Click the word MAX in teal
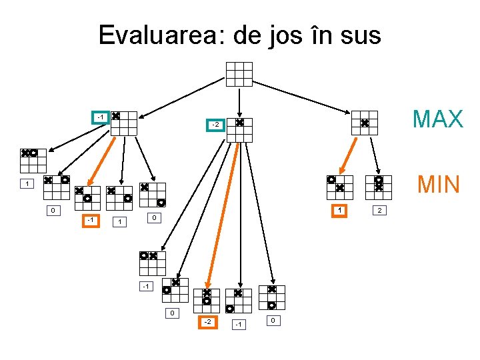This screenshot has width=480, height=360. pos(437,119)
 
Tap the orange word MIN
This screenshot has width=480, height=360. pos(438,183)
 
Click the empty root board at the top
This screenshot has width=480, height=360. pos(239,74)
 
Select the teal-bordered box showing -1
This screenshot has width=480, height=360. pos(99,117)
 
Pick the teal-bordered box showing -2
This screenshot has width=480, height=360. pos(215,125)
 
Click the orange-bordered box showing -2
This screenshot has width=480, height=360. pos(208,323)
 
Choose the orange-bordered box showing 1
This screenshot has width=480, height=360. pos(340,211)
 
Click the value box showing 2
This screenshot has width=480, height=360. pos(380,211)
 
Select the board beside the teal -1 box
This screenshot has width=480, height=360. pos(123,123)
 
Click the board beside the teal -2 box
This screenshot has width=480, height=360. pos(239,131)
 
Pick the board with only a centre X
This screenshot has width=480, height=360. pos(365,123)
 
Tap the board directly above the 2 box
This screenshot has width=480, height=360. pos(378,187)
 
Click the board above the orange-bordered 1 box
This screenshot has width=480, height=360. pos(339,187)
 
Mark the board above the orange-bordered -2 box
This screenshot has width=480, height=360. pos(207,301)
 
